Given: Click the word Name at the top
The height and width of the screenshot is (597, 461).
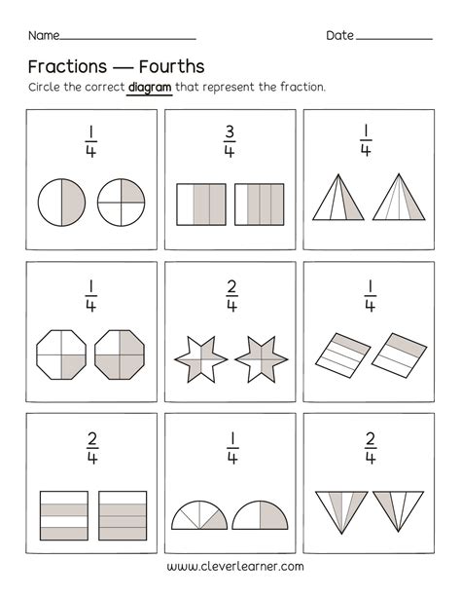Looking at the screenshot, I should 42,35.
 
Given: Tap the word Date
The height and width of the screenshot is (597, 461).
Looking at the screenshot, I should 339,35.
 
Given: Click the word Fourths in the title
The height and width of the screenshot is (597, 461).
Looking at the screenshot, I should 170,67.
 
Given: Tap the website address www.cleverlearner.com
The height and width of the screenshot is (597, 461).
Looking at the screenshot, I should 235,566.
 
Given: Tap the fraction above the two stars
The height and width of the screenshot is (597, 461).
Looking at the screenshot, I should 230,294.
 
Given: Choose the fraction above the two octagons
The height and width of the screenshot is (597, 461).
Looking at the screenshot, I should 90,294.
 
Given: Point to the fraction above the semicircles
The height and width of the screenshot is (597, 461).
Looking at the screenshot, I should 230,445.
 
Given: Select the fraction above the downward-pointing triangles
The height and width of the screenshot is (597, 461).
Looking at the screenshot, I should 370,445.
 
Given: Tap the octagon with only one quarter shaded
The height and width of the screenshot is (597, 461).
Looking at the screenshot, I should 61,352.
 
